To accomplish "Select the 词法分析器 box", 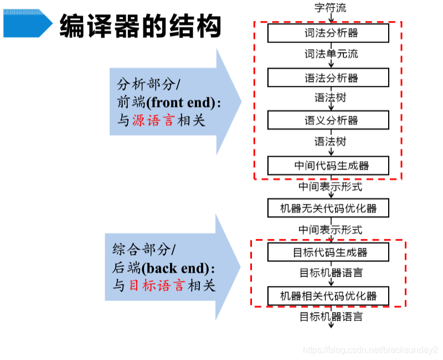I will point(328,33).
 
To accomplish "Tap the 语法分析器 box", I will point(328,78).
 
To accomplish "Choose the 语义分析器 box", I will point(328,120).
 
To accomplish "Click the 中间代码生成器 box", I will point(328,165).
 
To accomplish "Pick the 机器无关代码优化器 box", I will point(328,208).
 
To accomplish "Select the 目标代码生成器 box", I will point(328,253).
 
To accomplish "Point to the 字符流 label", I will point(331,8).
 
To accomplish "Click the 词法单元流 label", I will point(331,54).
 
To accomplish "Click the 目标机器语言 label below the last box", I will point(331,317).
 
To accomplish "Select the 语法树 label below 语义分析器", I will point(331,142).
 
